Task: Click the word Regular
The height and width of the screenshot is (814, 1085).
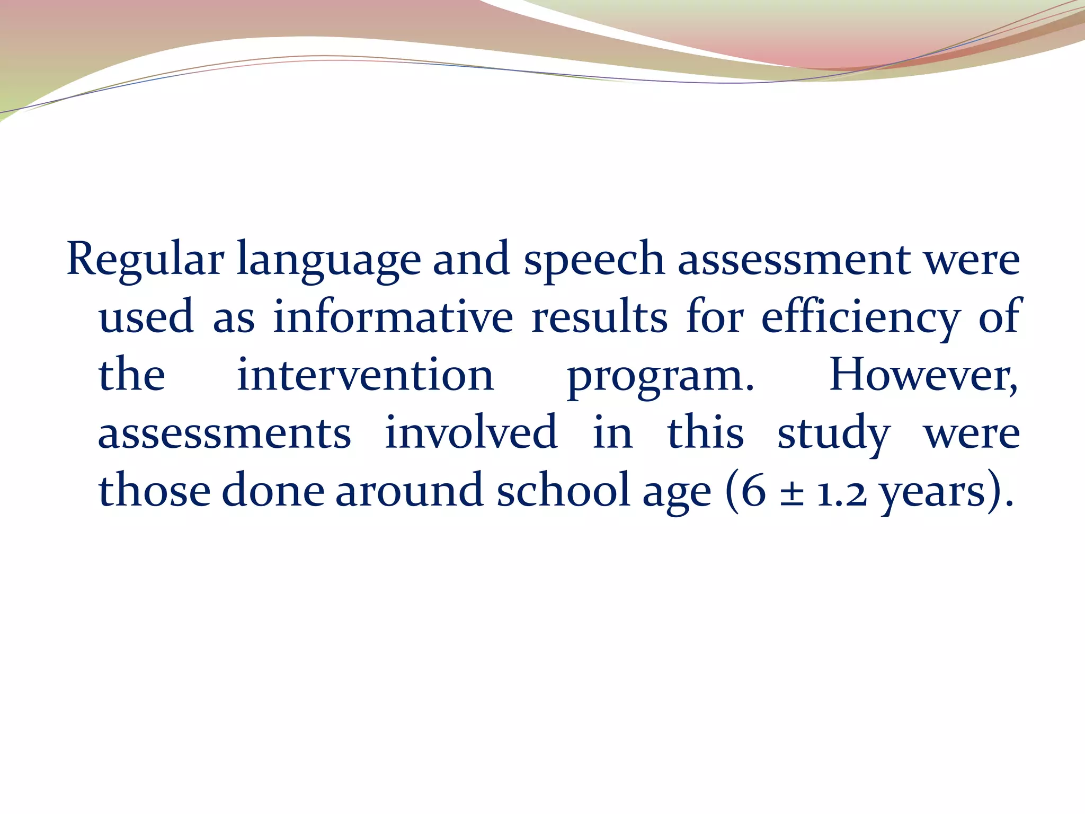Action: click(x=145, y=260)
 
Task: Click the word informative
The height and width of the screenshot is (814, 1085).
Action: click(x=393, y=317)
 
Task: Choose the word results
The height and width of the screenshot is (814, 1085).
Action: click(x=599, y=317)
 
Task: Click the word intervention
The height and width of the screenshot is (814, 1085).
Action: click(x=365, y=375)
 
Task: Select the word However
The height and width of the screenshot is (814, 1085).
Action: click(x=922, y=375)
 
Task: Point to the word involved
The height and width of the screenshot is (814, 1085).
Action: click(x=470, y=432)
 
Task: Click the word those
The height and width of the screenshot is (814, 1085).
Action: click(x=154, y=490)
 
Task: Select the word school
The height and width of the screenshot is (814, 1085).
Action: click(x=563, y=490)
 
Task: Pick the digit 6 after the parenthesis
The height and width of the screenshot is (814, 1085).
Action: click(x=753, y=491)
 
